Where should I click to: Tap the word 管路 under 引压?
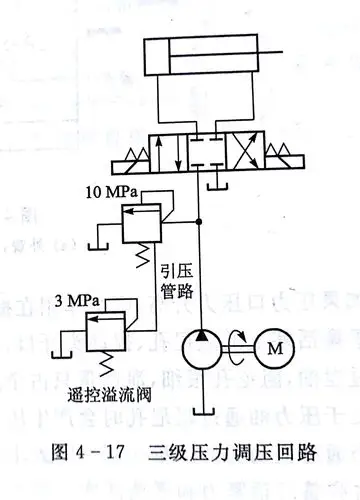[175, 292]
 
